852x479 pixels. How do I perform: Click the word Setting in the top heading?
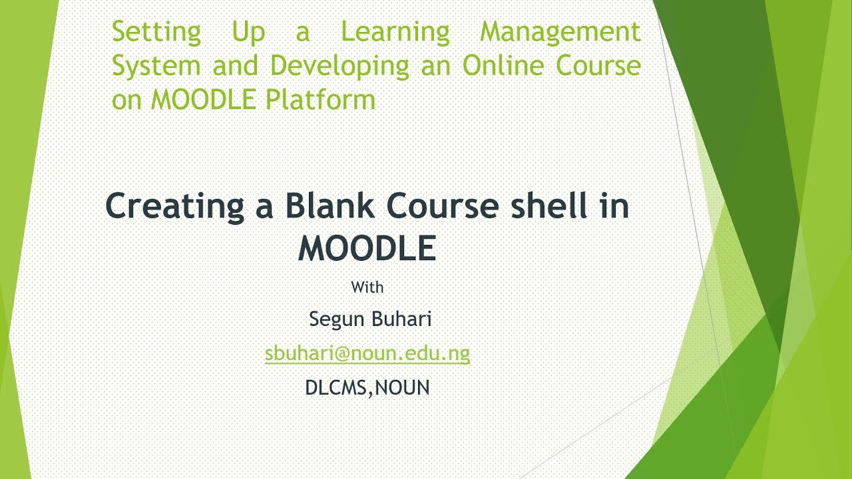[156, 32]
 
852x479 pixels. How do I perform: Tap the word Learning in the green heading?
[395, 32]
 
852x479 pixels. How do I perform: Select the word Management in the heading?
[560, 32]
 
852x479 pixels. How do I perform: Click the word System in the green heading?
[156, 66]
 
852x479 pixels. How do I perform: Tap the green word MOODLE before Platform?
[204, 100]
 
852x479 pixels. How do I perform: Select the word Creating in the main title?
[174, 206]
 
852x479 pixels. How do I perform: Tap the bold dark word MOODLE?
[367, 248]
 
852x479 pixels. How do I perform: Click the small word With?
[367, 288]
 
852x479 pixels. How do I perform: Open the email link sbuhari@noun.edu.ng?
[367, 353]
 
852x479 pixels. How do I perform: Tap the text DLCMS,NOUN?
[367, 387]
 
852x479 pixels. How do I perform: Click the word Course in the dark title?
[443, 206]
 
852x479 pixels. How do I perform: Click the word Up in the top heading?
[248, 32]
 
